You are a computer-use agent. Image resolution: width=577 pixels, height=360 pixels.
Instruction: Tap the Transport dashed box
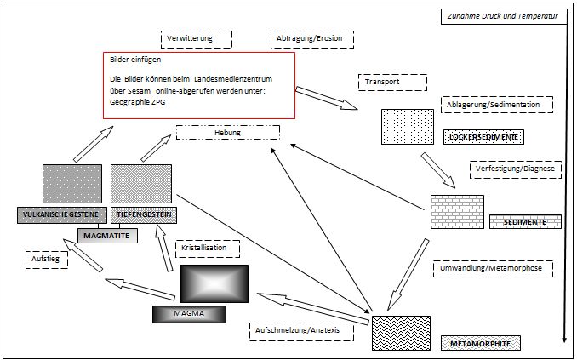(x=392, y=83)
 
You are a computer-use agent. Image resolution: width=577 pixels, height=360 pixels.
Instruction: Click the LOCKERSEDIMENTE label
(x=483, y=137)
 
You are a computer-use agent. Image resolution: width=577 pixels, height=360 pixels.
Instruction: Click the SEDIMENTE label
(x=525, y=221)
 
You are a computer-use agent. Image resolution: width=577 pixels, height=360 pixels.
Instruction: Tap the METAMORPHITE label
(x=481, y=343)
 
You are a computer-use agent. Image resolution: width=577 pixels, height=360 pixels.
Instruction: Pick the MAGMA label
(x=190, y=314)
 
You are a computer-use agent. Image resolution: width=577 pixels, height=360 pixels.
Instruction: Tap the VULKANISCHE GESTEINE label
(x=60, y=214)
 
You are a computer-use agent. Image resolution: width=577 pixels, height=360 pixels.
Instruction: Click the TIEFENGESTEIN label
(x=142, y=214)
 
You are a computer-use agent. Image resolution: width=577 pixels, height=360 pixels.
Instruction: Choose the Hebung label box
(x=227, y=134)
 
